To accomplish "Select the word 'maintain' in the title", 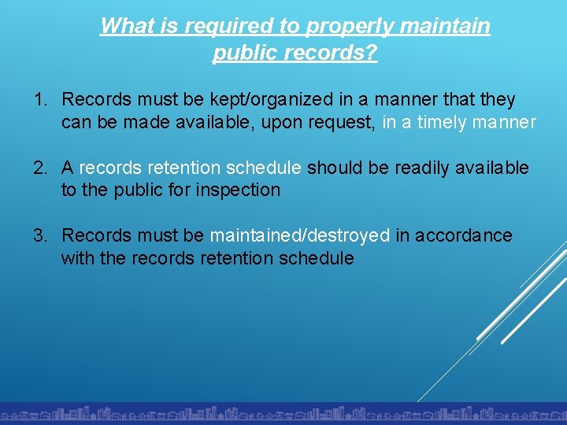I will (x=445, y=26).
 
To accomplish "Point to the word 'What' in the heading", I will (x=128, y=26).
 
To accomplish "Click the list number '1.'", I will (x=41, y=100).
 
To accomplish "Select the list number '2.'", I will (x=41, y=168).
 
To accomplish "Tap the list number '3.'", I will (x=41, y=235).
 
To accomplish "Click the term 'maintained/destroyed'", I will (x=299, y=235).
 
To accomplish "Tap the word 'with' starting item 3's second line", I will (x=78, y=258).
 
